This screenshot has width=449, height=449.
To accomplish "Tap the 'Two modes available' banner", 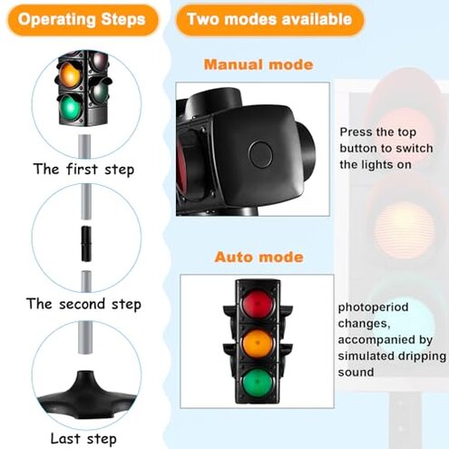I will click(x=269, y=19).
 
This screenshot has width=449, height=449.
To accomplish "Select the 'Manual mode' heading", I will click(x=258, y=65).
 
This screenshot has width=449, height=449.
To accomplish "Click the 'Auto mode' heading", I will click(x=259, y=257).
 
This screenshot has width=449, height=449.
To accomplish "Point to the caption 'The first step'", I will click(x=83, y=169).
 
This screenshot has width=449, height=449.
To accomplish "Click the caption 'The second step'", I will click(x=83, y=304).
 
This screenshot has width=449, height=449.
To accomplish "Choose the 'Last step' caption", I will click(x=83, y=439).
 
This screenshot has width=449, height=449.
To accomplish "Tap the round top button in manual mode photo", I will click(x=262, y=151).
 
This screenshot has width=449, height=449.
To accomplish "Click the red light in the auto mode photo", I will click(x=257, y=302).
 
